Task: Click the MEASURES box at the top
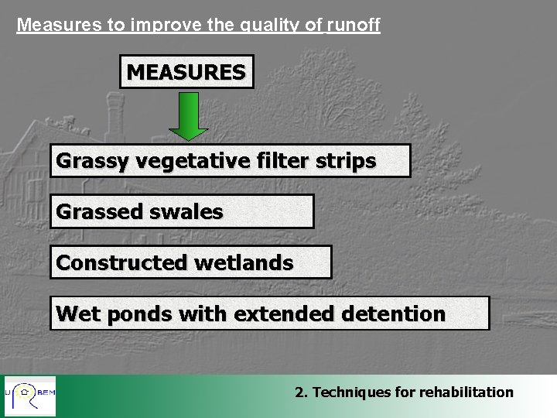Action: (x=186, y=72)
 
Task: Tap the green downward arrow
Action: (x=188, y=115)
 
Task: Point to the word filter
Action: (x=283, y=161)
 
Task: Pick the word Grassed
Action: (x=99, y=211)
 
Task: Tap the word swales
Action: (x=187, y=211)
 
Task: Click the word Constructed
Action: (x=121, y=262)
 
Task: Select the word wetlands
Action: (x=244, y=262)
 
